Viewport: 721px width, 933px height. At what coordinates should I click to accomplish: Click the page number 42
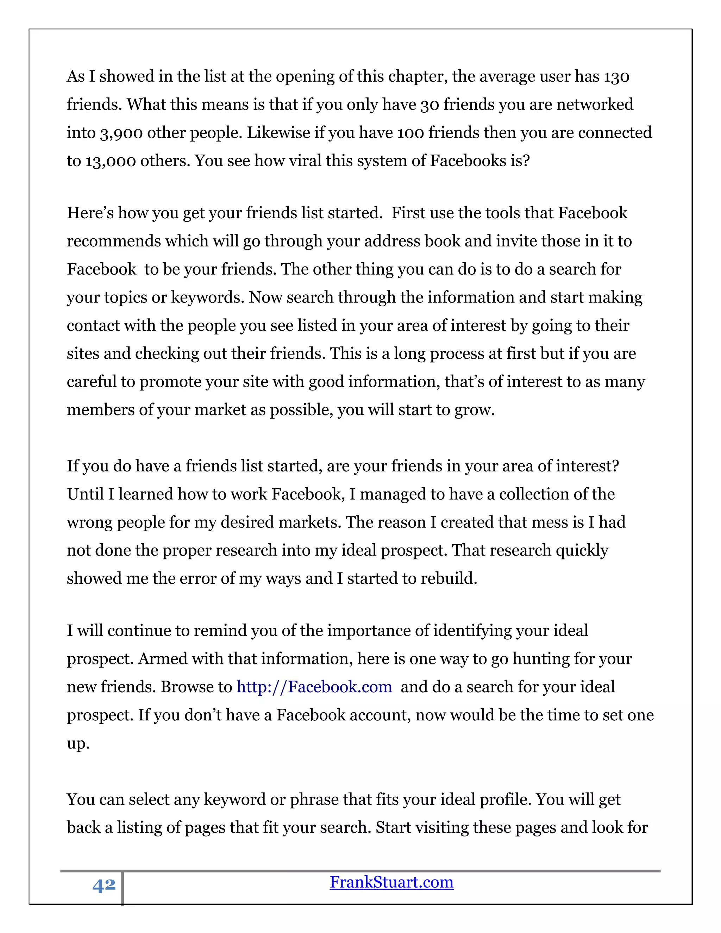pyautogui.click(x=104, y=885)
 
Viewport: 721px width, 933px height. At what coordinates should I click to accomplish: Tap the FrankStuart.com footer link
pyautogui.click(x=391, y=882)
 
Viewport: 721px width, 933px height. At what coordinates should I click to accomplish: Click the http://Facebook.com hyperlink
pyautogui.click(x=314, y=687)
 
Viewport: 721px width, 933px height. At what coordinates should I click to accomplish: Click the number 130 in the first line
pyautogui.click(x=616, y=77)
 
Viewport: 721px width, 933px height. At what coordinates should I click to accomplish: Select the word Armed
pyautogui.click(x=162, y=659)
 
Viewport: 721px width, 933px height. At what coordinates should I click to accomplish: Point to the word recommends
pyautogui.click(x=114, y=242)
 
